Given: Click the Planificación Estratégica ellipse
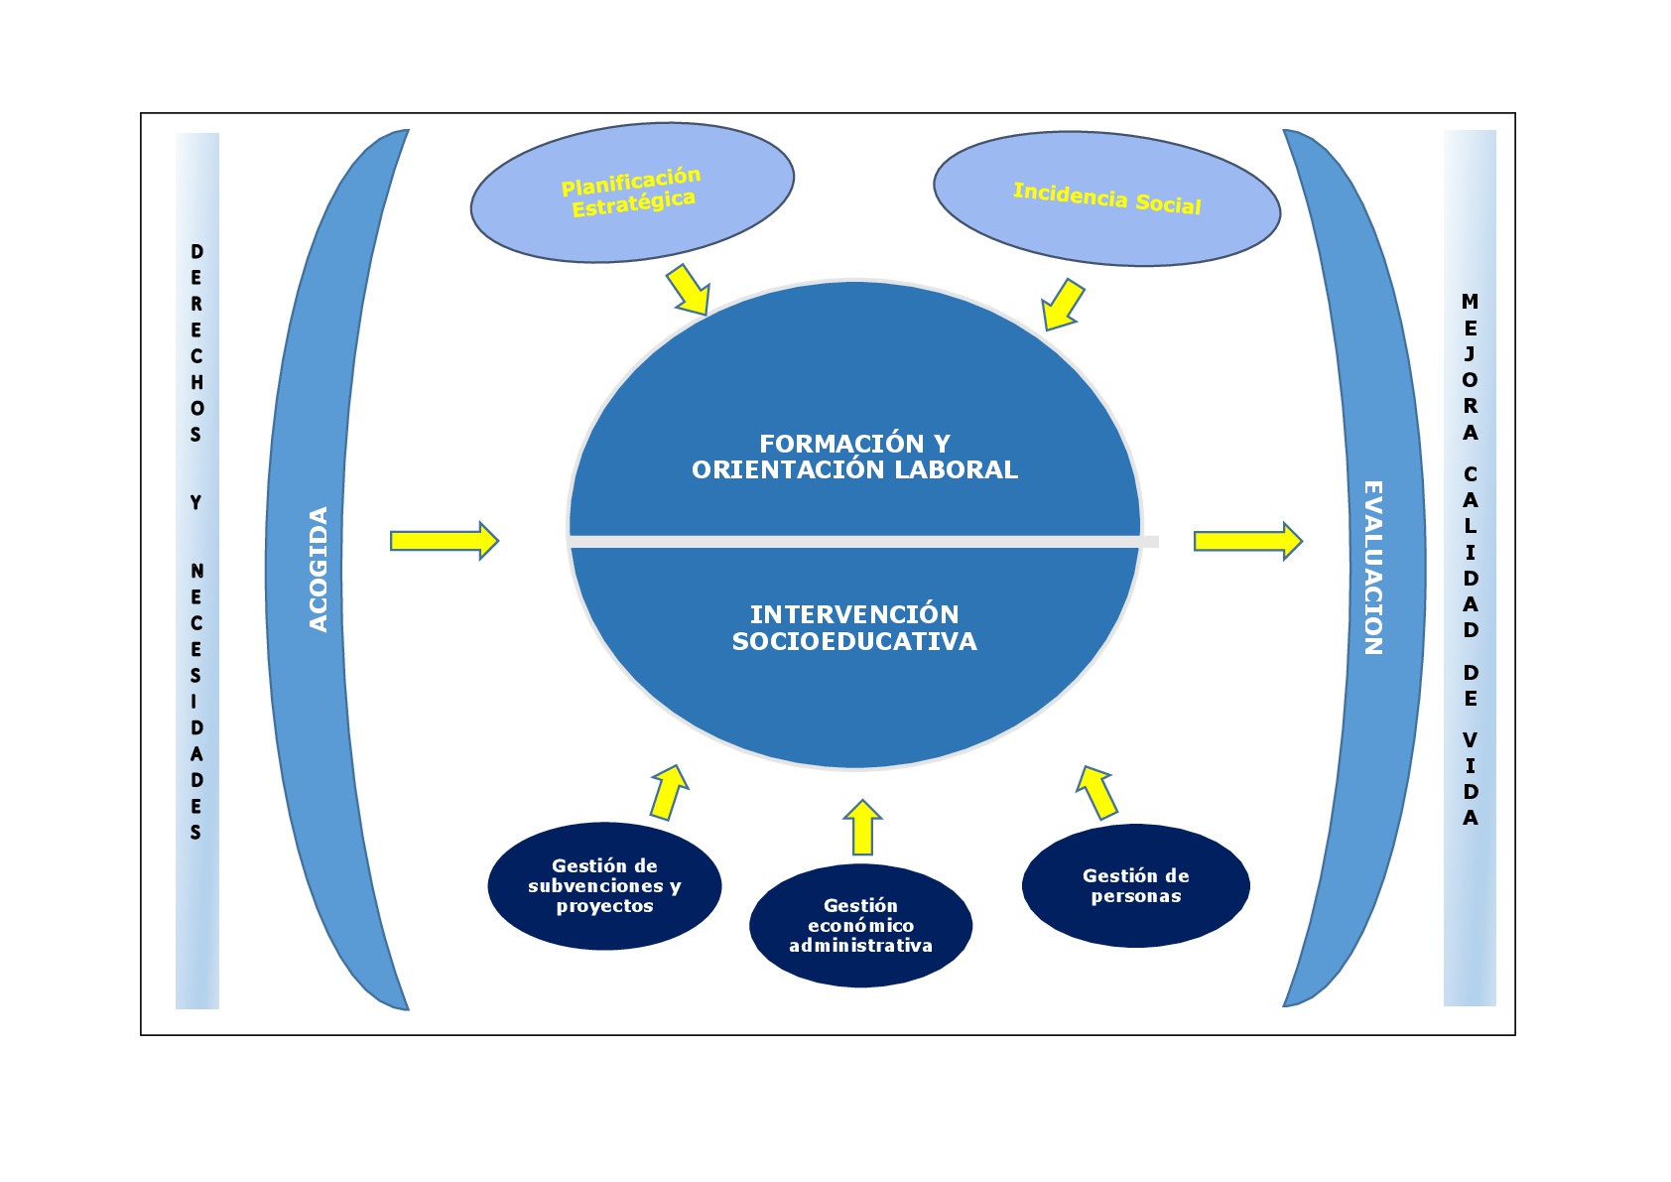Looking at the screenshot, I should click(x=632, y=193).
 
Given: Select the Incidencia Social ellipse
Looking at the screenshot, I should click(x=1106, y=198).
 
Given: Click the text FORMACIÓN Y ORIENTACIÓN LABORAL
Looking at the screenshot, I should click(x=854, y=457).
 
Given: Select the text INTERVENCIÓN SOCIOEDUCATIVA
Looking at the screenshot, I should click(x=854, y=628).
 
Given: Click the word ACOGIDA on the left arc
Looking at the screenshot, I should click(x=319, y=570).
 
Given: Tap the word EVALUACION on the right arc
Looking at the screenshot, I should click(x=1373, y=568).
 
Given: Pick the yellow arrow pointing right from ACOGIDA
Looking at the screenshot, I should click(x=444, y=541).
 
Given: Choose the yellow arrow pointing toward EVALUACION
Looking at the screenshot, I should click(x=1247, y=541).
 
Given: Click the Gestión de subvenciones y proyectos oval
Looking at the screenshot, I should click(x=604, y=886).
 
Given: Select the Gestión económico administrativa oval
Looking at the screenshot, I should click(x=860, y=926).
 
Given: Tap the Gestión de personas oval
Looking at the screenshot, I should click(x=1135, y=886).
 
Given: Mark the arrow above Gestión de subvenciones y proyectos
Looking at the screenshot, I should click(x=669, y=792).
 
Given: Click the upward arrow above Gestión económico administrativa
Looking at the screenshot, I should click(x=862, y=828).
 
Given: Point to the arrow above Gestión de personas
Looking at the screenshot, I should click(x=1097, y=792).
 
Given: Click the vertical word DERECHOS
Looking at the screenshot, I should click(x=196, y=343).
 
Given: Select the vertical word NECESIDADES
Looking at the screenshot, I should click(x=196, y=702).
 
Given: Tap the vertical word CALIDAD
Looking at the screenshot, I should click(x=1471, y=552).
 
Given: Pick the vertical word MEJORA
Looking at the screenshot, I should click(x=1471, y=367).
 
